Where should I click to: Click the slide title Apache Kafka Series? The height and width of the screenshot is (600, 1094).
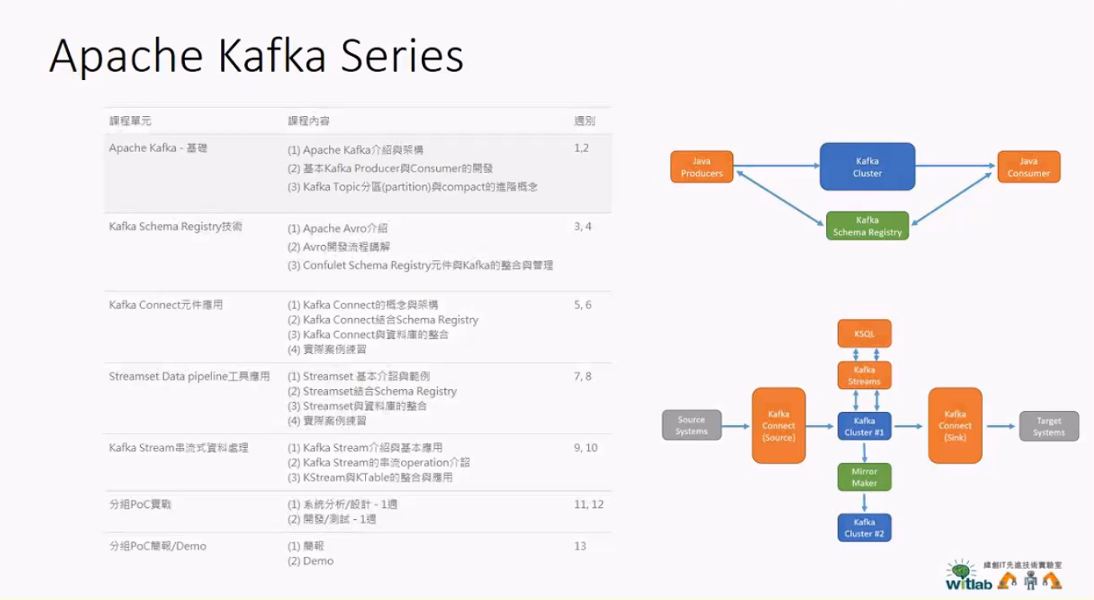(256, 56)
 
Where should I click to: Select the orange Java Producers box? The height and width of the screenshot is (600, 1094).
(701, 167)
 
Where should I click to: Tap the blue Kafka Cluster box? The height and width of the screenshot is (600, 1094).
(867, 167)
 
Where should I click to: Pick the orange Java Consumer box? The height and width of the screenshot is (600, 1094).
(1028, 167)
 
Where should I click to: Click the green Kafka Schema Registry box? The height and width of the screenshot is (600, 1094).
(867, 226)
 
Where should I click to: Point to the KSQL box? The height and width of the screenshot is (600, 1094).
(864, 333)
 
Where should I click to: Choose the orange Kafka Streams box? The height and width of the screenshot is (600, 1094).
(864, 375)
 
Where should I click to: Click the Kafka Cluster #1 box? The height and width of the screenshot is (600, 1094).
(864, 426)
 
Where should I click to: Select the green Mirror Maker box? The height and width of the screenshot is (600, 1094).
(864, 477)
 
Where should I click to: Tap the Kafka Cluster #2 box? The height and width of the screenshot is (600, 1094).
(864, 527)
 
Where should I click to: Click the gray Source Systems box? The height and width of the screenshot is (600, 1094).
(691, 425)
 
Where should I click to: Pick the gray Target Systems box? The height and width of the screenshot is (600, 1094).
(1048, 426)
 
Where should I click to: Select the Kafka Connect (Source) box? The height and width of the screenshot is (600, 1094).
(779, 425)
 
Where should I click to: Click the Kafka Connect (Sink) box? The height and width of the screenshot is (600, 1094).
(955, 425)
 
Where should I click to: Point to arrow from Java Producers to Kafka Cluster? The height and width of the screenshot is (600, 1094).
(776, 166)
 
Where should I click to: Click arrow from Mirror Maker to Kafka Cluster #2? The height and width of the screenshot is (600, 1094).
(864, 502)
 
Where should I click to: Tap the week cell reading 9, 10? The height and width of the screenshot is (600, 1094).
(586, 448)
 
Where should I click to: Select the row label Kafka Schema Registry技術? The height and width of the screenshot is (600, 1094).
(175, 227)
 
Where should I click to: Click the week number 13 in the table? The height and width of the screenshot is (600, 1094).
(580, 546)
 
